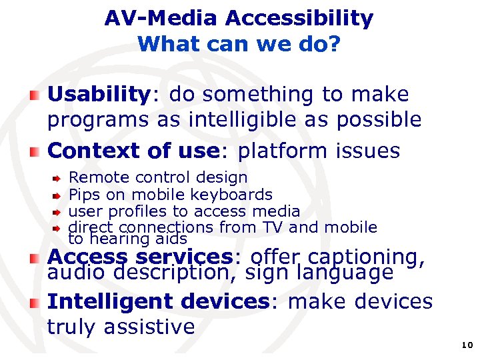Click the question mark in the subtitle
[335, 45]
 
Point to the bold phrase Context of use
[133, 151]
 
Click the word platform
[279, 151]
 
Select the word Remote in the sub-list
[100, 177]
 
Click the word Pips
[84, 195]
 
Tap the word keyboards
[231, 195]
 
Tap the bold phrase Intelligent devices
[157, 301]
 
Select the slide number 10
[466, 345]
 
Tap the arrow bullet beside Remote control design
[58, 179]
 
